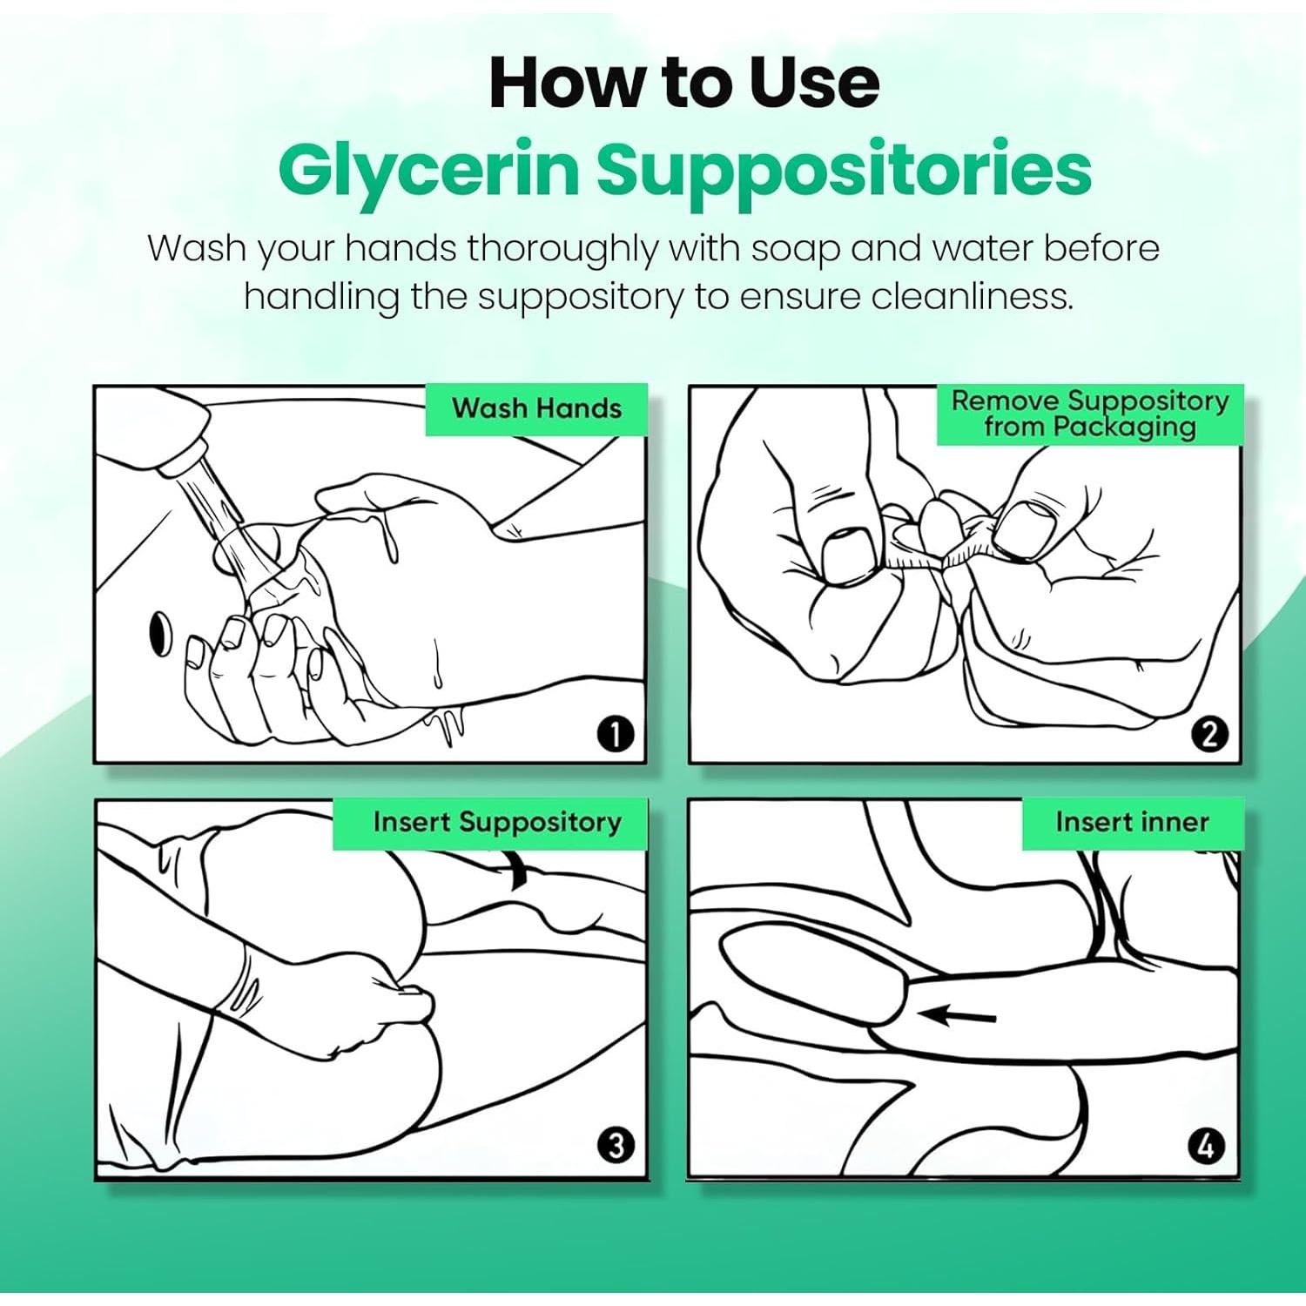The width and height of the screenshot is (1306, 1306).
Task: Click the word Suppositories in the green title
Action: [844, 172]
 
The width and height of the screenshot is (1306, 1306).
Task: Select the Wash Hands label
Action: [536, 408]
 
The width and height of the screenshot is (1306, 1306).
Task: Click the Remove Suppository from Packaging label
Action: [1090, 414]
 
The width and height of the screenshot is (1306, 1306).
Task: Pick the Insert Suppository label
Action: [497, 822]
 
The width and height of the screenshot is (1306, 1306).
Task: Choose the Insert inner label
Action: [1132, 822]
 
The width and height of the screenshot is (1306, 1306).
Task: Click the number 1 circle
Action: [615, 735]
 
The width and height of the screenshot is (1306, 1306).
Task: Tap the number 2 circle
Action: [1209, 735]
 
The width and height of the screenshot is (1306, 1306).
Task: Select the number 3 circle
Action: [616, 1145]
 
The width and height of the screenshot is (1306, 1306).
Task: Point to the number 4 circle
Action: [1207, 1146]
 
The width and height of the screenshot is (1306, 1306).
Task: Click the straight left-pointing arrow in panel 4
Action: [958, 1015]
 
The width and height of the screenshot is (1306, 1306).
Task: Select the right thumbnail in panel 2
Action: [1024, 529]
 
